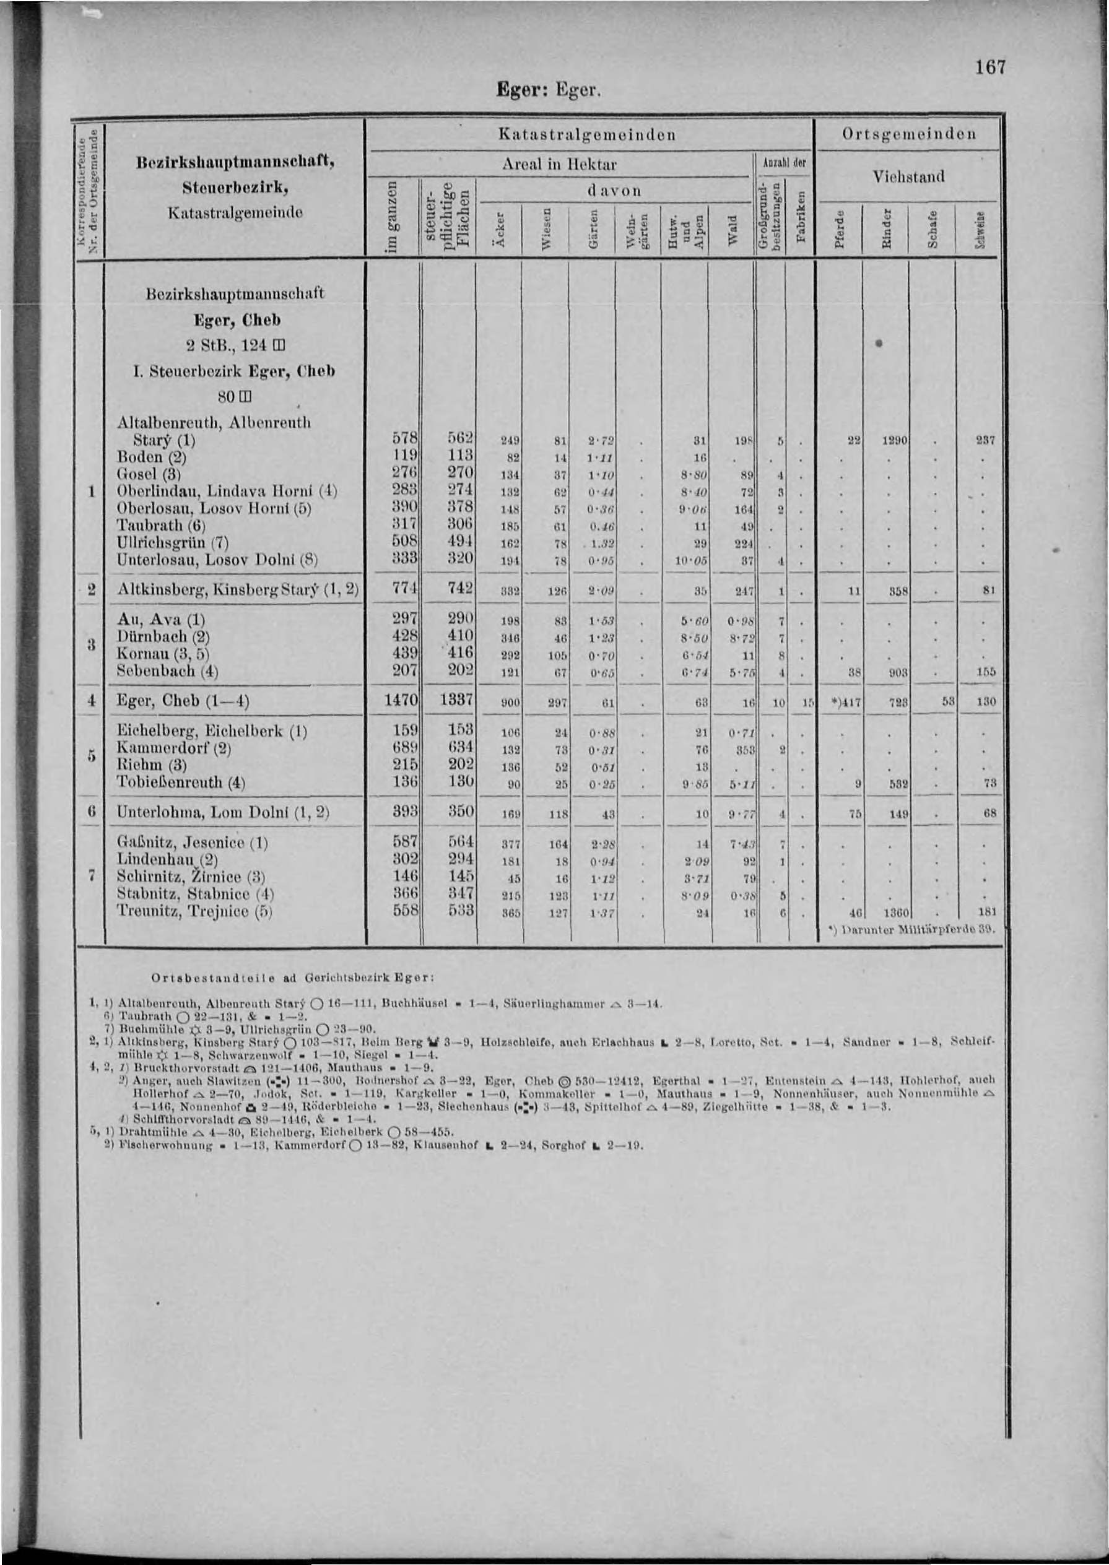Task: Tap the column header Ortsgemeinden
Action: tap(909, 134)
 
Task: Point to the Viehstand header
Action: tap(908, 177)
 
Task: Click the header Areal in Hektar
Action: tap(559, 165)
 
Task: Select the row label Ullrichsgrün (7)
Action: tap(172, 543)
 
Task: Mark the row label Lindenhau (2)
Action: tap(167, 859)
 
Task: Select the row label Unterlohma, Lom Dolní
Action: tap(223, 813)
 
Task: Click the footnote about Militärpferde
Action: tap(910, 929)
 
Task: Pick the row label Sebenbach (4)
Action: tap(167, 670)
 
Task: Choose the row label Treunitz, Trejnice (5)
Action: tap(194, 911)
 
